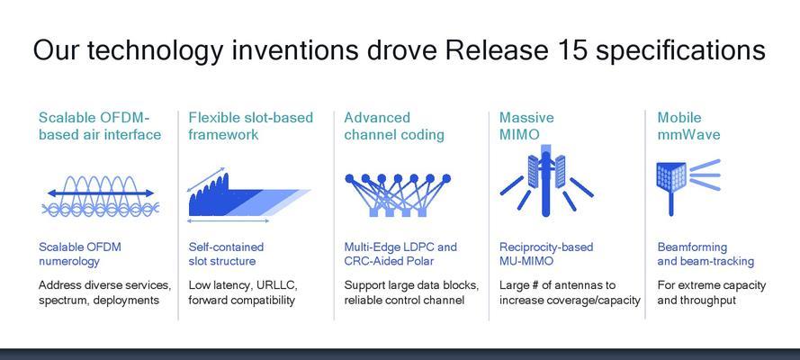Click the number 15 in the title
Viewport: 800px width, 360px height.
coord(613,50)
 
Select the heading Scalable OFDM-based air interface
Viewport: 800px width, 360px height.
coord(100,126)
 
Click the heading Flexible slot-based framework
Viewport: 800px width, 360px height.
coord(250,126)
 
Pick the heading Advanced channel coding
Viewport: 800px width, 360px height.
coord(394,126)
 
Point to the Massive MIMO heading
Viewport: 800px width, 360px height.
coord(526,126)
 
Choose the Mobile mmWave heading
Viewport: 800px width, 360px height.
coord(688,126)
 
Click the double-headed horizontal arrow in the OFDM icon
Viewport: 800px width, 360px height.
coord(101,193)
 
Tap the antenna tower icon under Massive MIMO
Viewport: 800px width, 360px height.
coord(546,181)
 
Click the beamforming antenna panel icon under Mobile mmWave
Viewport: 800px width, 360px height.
coord(688,187)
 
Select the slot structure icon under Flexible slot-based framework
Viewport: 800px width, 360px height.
coord(249,195)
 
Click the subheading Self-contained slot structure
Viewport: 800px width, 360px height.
coord(226,254)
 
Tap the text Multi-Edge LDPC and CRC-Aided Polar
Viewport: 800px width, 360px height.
coord(400,254)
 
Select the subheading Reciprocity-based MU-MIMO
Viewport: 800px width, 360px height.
coord(546,254)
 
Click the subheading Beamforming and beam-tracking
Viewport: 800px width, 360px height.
coord(706,254)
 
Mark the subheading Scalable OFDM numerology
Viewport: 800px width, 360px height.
coord(80,254)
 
